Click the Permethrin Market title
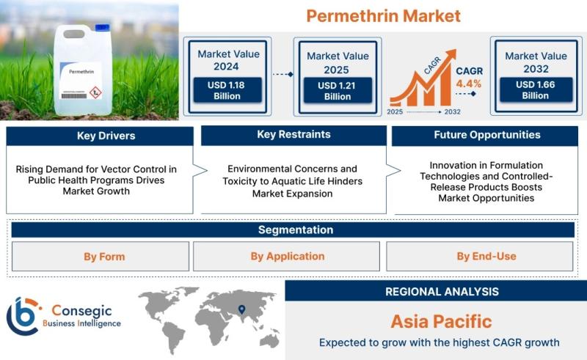tap(383, 16)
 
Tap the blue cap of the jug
tap(102, 27)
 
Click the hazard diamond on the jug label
tap(95, 92)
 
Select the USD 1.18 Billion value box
tap(227, 90)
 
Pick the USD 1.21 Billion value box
tap(338, 91)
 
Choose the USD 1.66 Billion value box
tap(536, 89)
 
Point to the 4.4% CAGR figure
tap(469, 84)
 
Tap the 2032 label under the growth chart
tap(452, 111)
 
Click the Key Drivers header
tap(100, 136)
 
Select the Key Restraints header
tap(293, 135)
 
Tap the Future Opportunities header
tap(485, 136)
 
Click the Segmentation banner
tap(293, 229)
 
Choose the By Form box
tap(101, 257)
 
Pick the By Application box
tap(286, 257)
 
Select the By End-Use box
tap(480, 257)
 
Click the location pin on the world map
tap(242, 309)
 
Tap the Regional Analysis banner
tap(436, 291)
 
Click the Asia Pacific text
tap(441, 321)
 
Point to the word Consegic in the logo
tap(81, 311)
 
